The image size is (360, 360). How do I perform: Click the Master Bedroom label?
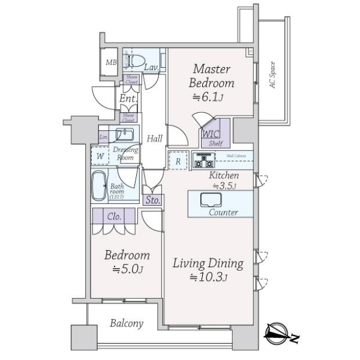(212, 76)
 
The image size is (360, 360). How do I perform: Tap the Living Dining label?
(208, 263)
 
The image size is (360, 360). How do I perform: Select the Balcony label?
(127, 324)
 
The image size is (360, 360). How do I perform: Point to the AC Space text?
(272, 75)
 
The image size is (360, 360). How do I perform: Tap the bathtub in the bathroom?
(99, 186)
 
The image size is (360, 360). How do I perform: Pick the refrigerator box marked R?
(178, 161)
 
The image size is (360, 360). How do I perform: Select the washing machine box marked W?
(100, 156)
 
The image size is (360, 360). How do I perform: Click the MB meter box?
(111, 62)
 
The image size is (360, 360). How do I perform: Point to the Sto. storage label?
(152, 200)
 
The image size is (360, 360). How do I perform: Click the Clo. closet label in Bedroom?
(116, 217)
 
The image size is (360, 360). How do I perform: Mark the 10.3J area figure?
(208, 277)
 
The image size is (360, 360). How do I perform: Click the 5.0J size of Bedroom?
(127, 269)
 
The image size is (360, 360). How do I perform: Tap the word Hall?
(155, 139)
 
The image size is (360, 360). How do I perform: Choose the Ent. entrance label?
(127, 98)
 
